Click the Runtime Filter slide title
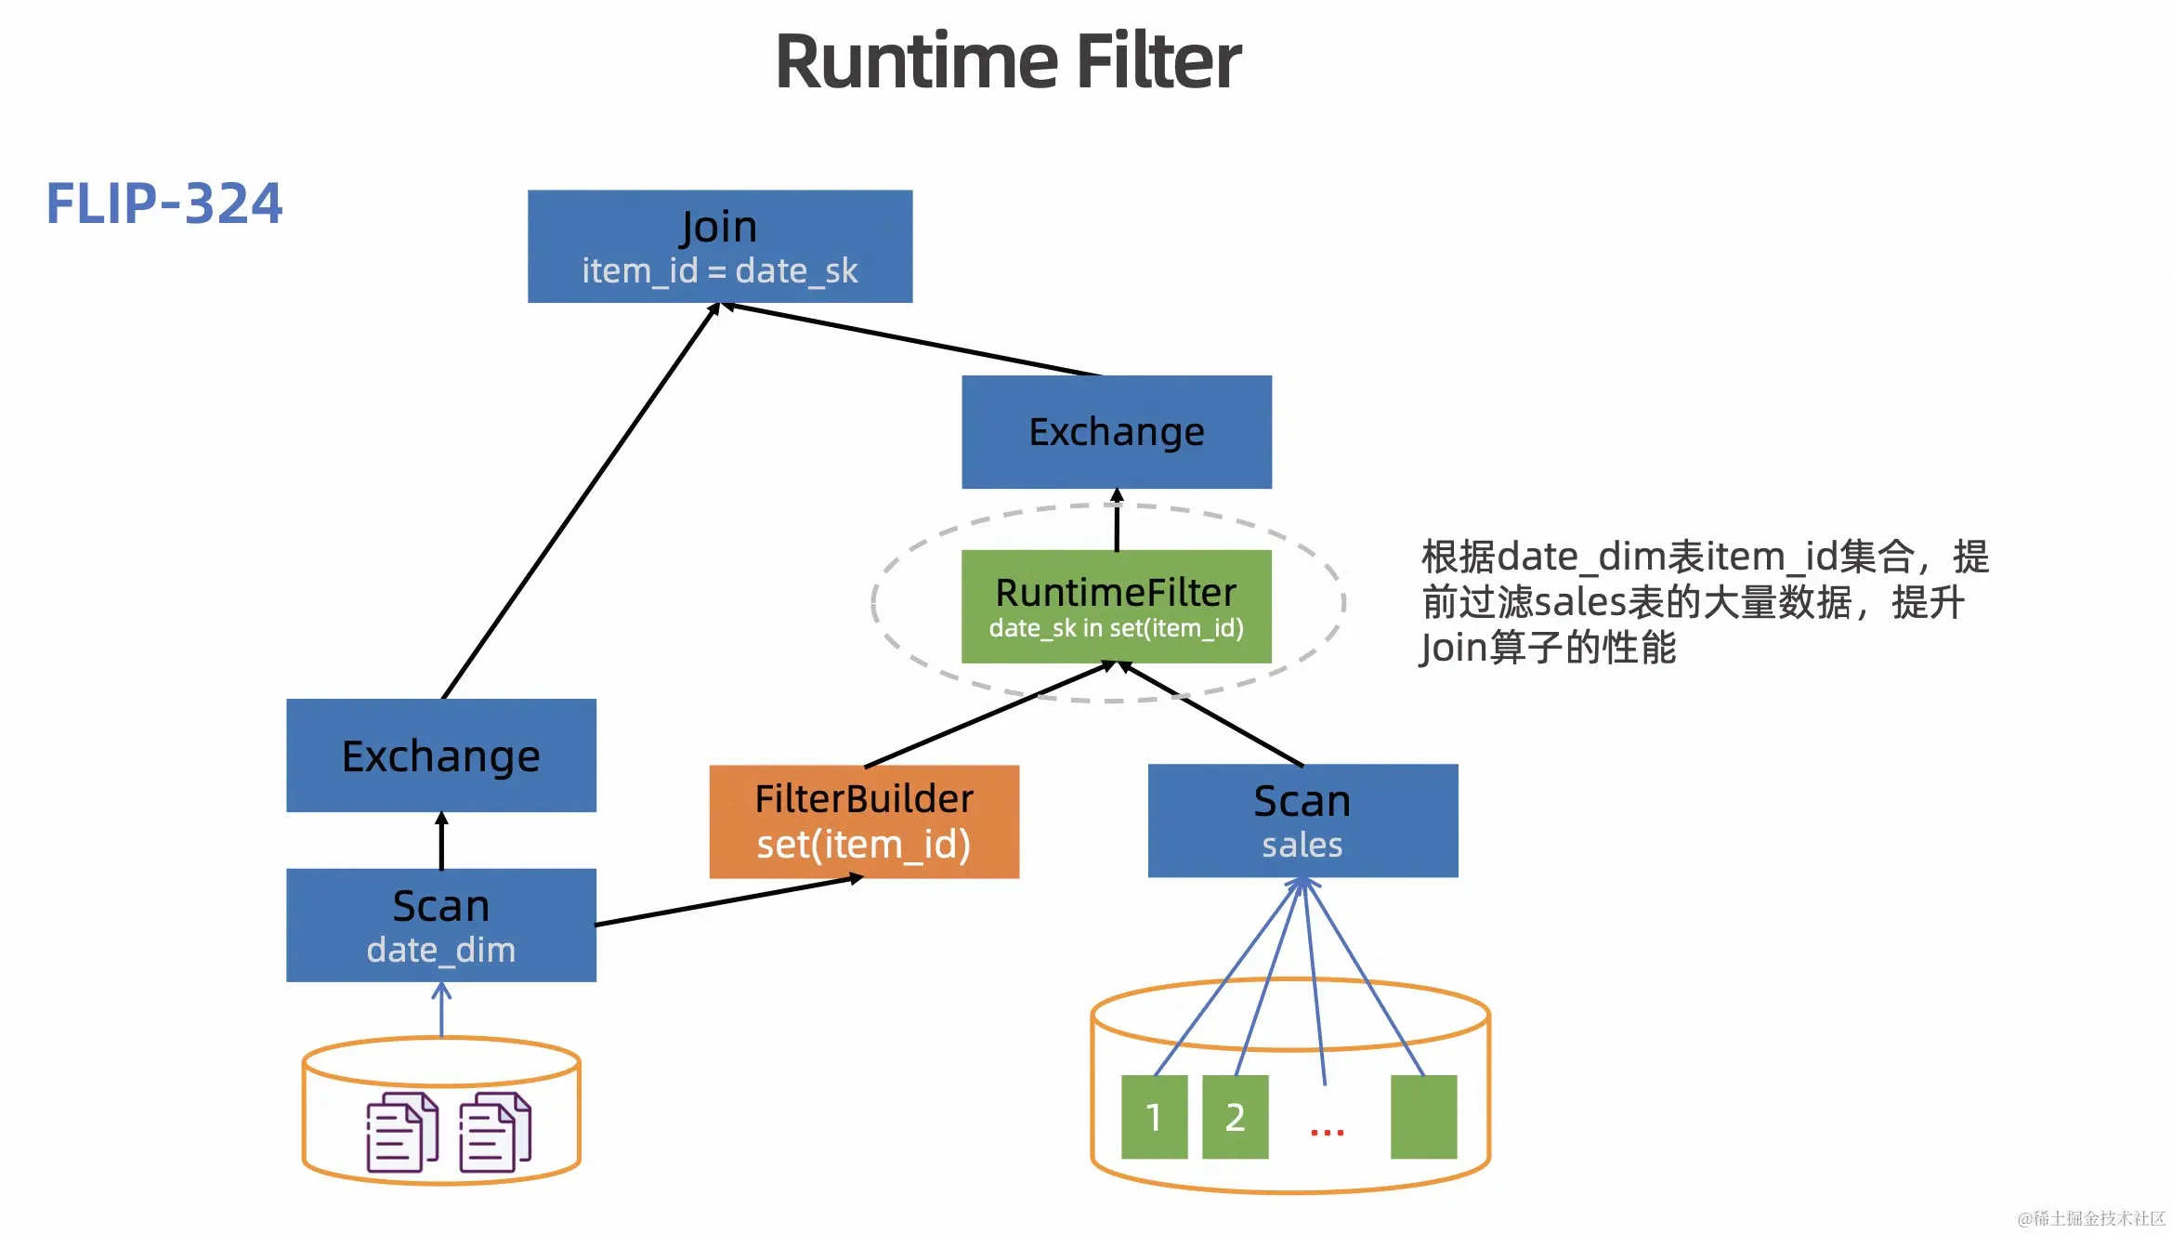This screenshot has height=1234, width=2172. [1008, 61]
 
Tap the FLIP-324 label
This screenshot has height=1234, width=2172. [164, 203]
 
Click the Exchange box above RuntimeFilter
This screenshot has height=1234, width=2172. [1116, 432]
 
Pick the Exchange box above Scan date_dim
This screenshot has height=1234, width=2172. [441, 755]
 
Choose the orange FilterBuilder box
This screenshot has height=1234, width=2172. [864, 821]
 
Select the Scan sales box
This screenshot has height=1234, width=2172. [1302, 820]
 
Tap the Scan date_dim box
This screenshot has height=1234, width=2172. [441, 925]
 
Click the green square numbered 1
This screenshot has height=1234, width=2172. [1154, 1117]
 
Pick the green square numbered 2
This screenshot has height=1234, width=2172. [1235, 1117]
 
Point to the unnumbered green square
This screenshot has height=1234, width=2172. [1423, 1117]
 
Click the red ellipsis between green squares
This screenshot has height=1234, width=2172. [1327, 1132]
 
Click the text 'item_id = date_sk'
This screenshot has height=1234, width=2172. [720, 271]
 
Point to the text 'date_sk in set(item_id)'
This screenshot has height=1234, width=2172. [1116, 629]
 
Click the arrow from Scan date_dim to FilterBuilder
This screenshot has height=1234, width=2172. [729, 900]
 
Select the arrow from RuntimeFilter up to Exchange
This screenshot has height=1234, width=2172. [1117, 520]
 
